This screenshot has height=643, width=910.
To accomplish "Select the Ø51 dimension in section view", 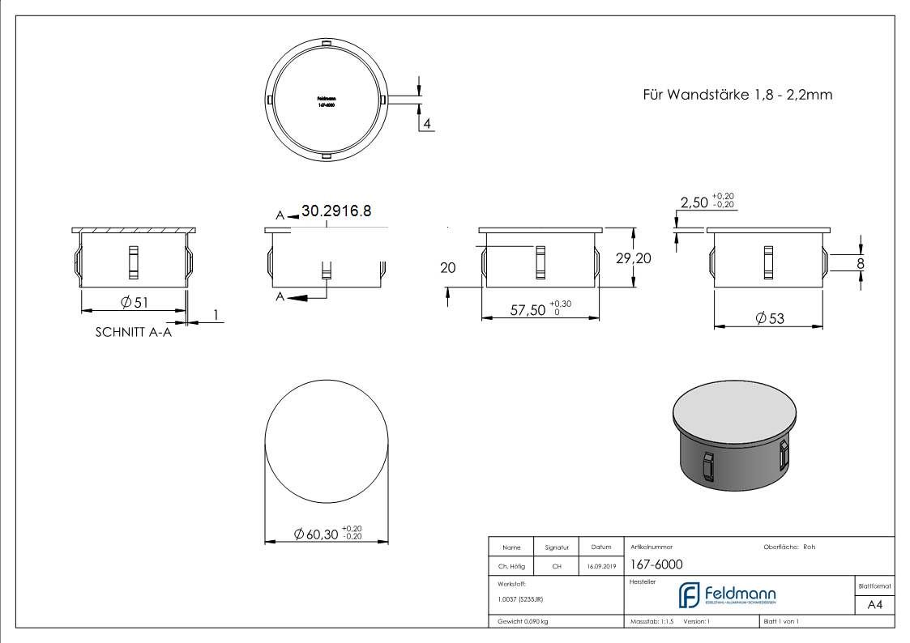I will click(135, 302).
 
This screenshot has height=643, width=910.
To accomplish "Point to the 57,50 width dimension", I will click(528, 309).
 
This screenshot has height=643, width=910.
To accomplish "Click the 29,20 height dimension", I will click(634, 258).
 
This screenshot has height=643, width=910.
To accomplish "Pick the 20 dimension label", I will click(448, 267).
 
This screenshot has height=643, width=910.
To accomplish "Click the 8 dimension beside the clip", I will click(860, 262).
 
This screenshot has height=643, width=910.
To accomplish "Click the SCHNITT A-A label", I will click(134, 332).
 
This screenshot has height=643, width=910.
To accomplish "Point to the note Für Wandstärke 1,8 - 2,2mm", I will click(737, 95).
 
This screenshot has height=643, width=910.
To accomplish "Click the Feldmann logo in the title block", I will click(727, 595).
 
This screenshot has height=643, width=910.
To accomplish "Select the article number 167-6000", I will click(656, 564).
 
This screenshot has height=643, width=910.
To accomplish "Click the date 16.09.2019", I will click(600, 567).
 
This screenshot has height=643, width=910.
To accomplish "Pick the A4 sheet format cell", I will click(874, 605).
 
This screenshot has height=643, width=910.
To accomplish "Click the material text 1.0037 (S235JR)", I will click(520, 598).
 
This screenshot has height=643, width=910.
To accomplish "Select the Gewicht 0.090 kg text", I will click(523, 621).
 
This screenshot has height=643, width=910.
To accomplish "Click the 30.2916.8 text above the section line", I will click(336, 211).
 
